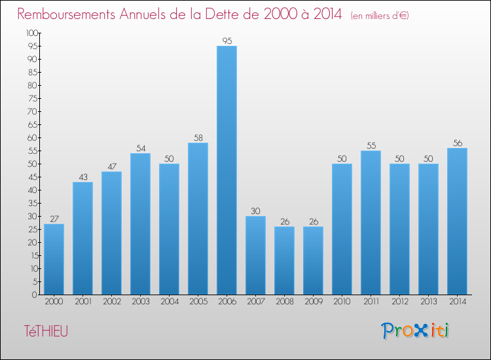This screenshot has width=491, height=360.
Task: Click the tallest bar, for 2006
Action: (x=227, y=170)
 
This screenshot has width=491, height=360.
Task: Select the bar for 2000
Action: (x=54, y=259)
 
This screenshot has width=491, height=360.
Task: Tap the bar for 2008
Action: (x=284, y=261)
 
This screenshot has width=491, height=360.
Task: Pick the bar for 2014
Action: (x=457, y=221)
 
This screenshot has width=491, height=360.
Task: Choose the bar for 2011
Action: (x=371, y=223)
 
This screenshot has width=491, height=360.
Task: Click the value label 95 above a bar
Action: (x=227, y=41)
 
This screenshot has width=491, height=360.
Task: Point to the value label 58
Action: (x=198, y=137)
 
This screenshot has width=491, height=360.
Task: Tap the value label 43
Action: (x=82, y=177)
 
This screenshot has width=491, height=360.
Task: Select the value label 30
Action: (x=255, y=211)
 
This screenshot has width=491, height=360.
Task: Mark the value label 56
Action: (x=457, y=143)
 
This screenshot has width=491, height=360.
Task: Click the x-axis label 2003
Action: (x=140, y=302)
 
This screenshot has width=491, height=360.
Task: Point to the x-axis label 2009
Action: (x=313, y=302)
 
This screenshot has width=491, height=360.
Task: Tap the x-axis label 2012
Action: (x=399, y=302)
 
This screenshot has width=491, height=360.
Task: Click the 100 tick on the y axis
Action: (x=31, y=33)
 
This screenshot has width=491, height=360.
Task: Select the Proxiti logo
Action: (x=415, y=331)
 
